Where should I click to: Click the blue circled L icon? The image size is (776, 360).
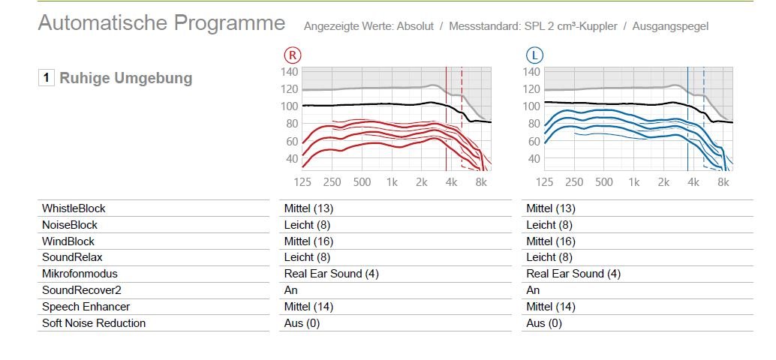coord(534,55)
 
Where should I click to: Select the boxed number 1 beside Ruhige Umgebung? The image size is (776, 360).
coord(47,78)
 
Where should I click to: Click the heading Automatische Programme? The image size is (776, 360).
coord(161,23)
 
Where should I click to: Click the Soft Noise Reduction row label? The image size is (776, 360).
coord(94,323)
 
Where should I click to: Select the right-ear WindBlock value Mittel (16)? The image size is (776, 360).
coord(308,241)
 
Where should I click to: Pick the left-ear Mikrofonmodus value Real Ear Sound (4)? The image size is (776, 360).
coord(573,274)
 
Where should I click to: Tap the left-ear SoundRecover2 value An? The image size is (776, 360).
coord(533,290)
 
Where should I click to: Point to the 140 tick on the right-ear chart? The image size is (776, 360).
coord(290,72)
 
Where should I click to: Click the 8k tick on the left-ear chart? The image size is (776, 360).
coord(723,182)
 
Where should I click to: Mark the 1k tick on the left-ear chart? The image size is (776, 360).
coord(634,182)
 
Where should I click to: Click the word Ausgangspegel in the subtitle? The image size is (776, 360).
coord(670,26)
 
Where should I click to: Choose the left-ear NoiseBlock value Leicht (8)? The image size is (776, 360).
coord(549,225)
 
